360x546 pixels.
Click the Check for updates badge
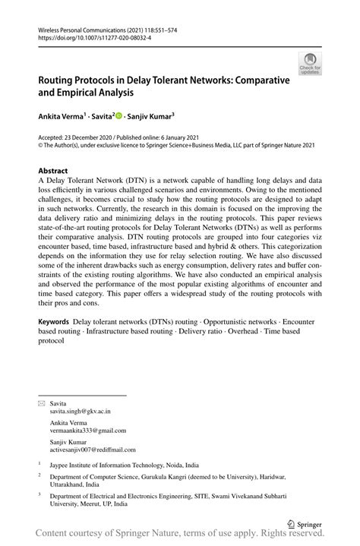point(310,64)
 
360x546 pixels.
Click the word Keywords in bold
point(55,323)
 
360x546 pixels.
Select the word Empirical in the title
point(84,93)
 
